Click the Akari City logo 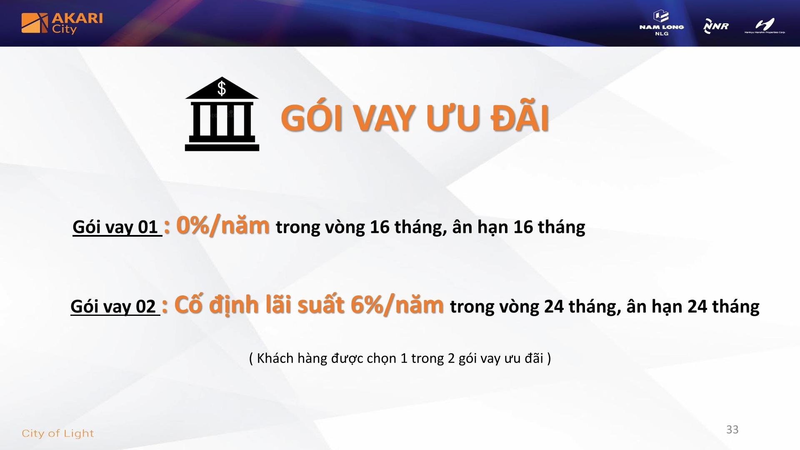pyautogui.click(x=62, y=23)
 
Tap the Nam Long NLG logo pyautogui.click(x=662, y=23)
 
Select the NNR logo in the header pyautogui.click(x=716, y=26)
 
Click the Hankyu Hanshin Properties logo pyautogui.click(x=765, y=25)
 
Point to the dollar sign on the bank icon pyautogui.click(x=222, y=88)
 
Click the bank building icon pyautogui.click(x=222, y=114)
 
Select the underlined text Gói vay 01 pyautogui.click(x=117, y=227)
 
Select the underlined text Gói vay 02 pyautogui.click(x=115, y=307)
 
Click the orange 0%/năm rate pyautogui.click(x=223, y=225)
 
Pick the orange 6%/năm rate pyautogui.click(x=397, y=305)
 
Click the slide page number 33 pyautogui.click(x=732, y=430)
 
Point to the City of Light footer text pyautogui.click(x=57, y=433)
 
